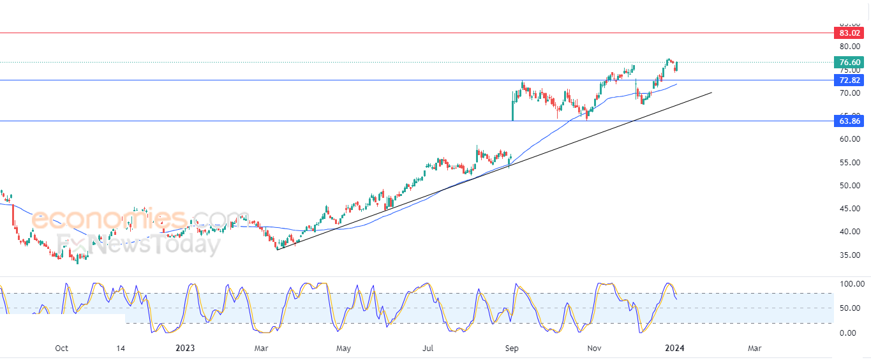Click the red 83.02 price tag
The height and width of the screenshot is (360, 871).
coord(849,33)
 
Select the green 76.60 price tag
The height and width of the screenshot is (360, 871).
coord(849,63)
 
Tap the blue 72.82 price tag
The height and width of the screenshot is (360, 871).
coord(849,80)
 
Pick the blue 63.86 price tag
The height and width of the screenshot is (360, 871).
coord(849,121)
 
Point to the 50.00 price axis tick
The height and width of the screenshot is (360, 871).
coord(849,186)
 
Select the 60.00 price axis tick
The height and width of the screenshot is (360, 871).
coord(849,139)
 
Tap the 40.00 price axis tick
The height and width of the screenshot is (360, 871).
coord(849,232)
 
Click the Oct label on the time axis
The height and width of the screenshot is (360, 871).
coord(61,349)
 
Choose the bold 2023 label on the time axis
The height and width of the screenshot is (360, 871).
coord(185,349)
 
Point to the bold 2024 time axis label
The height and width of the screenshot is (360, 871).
coord(674,349)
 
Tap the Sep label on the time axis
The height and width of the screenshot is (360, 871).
coord(511,349)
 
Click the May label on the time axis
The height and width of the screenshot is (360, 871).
coord(343,349)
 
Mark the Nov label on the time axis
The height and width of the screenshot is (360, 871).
coord(595,349)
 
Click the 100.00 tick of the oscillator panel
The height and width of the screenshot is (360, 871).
coord(851,284)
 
